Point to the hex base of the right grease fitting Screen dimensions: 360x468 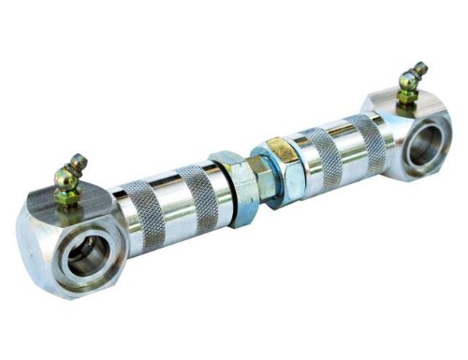[406, 97]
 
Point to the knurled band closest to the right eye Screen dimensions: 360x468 [365, 137]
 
